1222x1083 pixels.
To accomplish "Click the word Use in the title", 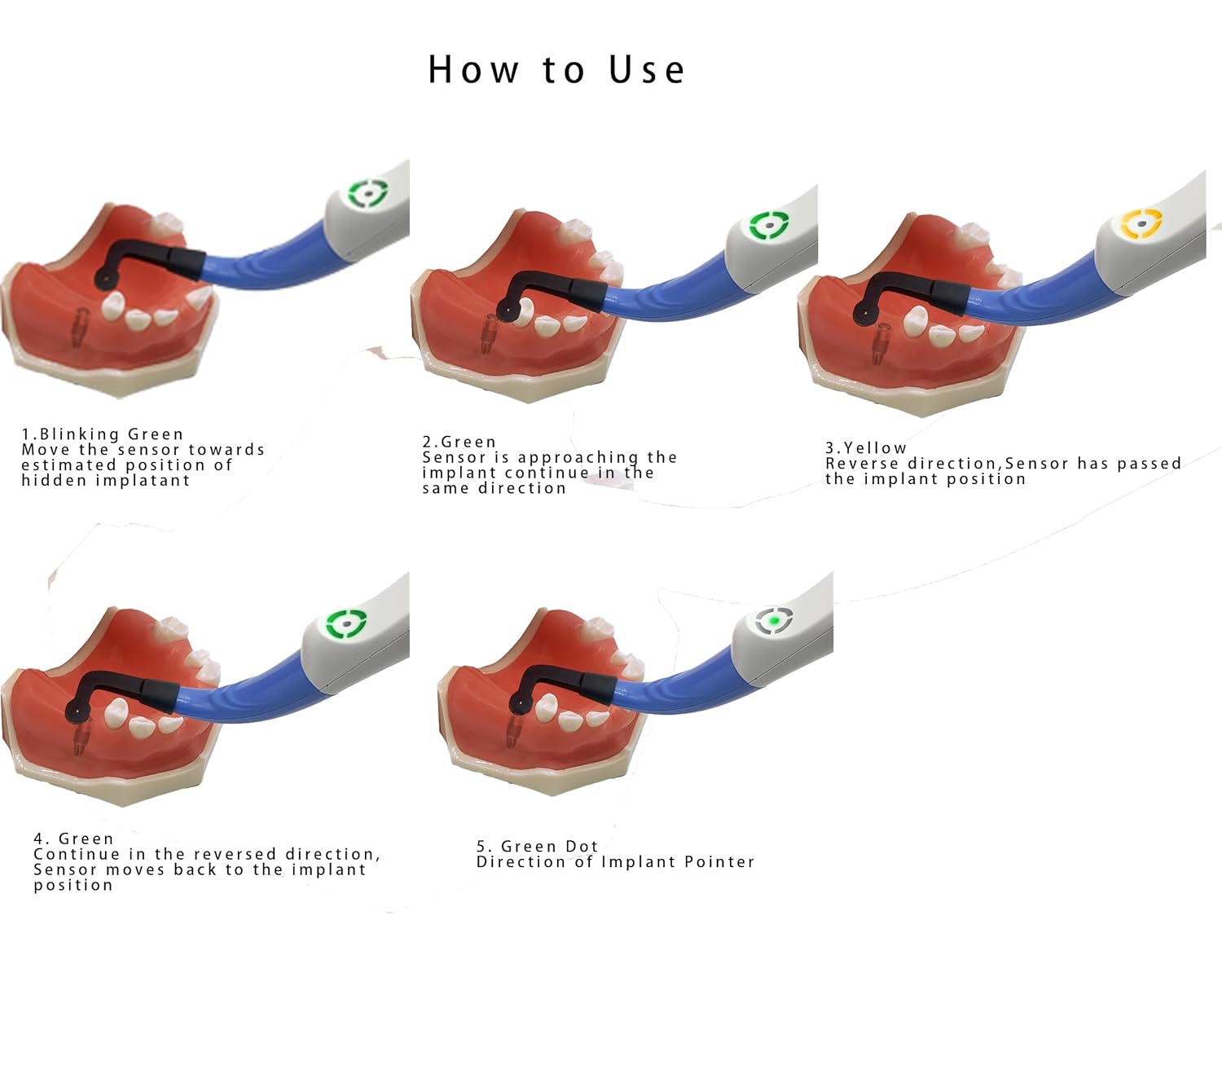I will [x=647, y=70].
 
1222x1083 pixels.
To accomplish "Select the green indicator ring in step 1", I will [x=368, y=195].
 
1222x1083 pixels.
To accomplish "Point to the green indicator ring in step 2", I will [x=768, y=226].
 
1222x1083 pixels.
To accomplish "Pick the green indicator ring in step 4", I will [x=346, y=625].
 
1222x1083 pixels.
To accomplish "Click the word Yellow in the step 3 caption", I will [x=875, y=448].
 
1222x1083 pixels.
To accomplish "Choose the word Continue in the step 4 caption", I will [x=71, y=854].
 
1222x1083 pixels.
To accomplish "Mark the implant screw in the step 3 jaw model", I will [x=880, y=344].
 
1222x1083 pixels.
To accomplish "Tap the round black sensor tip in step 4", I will [x=74, y=711].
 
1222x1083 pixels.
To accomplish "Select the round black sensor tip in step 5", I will [x=516, y=705].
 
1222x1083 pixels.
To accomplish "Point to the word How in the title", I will [x=473, y=70].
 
